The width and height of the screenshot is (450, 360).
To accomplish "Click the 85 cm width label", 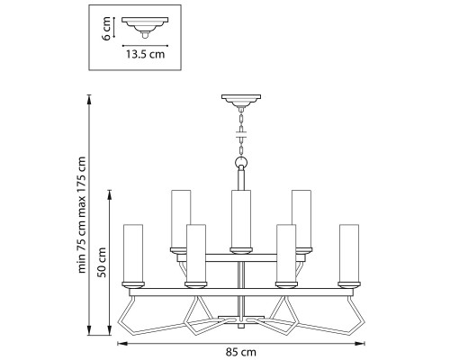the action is [241, 352].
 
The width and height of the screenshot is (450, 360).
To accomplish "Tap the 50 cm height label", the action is [103, 262].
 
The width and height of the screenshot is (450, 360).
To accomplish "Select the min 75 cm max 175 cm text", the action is [82, 215].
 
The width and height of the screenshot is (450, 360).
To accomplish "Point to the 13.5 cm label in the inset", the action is [145, 54].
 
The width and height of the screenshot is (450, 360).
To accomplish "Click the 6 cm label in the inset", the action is [106, 29].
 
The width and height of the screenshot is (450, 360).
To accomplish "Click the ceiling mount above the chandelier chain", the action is [241, 101].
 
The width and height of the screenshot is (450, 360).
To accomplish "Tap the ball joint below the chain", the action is [241, 163].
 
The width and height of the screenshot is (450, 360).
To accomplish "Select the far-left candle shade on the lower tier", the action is [133, 253].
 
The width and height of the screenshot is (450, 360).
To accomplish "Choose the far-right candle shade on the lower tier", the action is [349, 253].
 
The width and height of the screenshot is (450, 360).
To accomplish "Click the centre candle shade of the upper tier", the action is [241, 219].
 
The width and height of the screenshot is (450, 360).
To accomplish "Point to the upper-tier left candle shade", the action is [181, 219].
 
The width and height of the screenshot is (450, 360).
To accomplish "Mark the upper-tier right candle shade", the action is [301, 219].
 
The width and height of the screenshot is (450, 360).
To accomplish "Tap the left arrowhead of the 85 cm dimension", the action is [121, 343].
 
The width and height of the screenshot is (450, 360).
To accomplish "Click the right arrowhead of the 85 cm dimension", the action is [361, 343].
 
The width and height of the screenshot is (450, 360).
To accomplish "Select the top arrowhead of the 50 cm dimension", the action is [110, 194].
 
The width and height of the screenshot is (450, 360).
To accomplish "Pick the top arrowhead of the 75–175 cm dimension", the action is [89, 99].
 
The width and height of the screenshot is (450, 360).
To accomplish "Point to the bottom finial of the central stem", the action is [241, 326].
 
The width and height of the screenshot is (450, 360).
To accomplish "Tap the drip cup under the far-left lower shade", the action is [133, 284].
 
